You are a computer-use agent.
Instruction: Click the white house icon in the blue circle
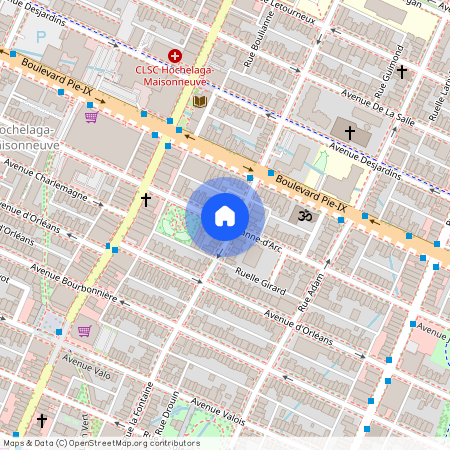tap(225, 216)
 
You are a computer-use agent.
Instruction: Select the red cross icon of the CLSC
tap(175, 56)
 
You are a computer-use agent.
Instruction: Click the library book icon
tap(199, 102)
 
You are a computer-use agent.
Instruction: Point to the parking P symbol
tap(41, 37)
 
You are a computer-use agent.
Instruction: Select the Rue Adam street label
tap(313, 286)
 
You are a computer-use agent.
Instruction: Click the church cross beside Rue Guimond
tap(402, 72)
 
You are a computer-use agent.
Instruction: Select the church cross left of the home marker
tap(146, 200)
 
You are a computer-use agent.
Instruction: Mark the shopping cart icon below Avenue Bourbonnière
tap(85, 331)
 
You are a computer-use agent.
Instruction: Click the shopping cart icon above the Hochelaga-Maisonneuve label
tap(91, 116)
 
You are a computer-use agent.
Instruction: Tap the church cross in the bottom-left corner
tap(42, 420)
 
